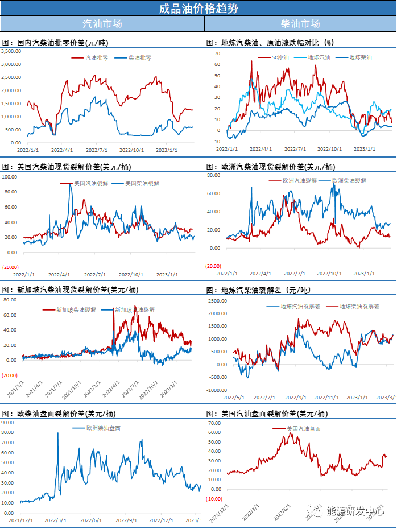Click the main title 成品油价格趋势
pos(198,8)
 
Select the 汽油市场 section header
pos(102,24)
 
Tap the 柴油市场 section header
pos(300,24)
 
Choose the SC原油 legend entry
pos(280,57)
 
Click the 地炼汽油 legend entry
pos(319,57)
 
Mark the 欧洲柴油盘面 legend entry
pos(103,428)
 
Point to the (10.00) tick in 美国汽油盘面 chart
pos(213,499)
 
